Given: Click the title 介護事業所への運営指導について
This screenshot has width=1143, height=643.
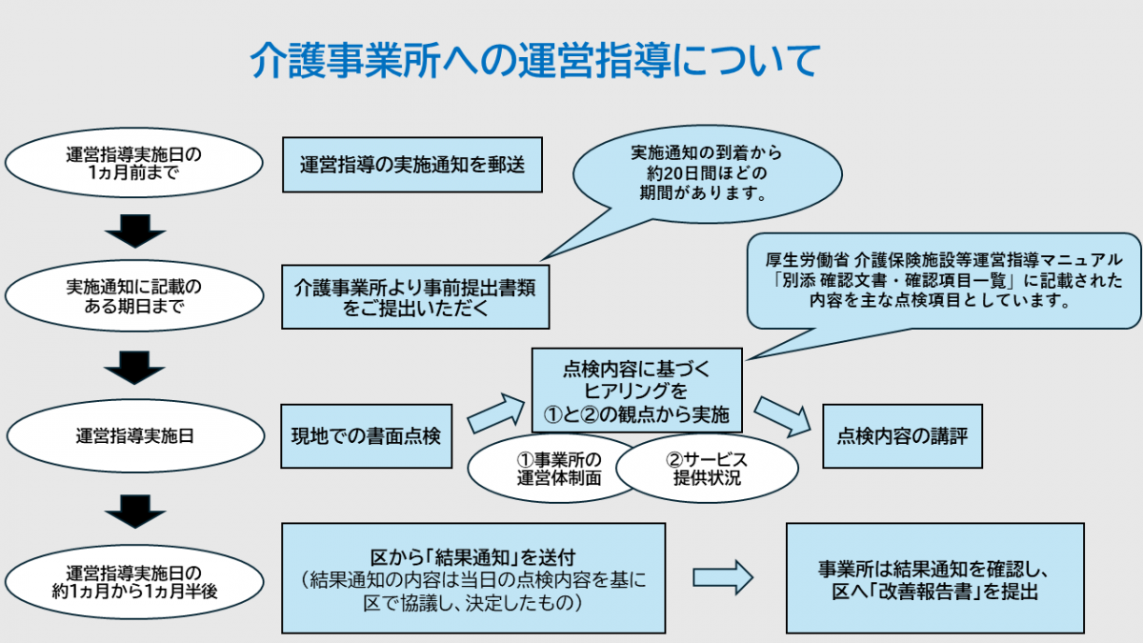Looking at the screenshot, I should coord(533,60).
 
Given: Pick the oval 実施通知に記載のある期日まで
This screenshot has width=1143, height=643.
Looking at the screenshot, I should coord(134,295).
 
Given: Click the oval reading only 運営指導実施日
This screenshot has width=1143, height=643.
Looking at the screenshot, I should coord(134,436).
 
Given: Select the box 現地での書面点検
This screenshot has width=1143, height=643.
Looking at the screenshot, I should coord(366,436).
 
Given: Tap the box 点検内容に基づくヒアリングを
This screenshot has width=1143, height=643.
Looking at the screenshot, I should coord(636,390).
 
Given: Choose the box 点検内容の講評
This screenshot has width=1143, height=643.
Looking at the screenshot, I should coord(902,436).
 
